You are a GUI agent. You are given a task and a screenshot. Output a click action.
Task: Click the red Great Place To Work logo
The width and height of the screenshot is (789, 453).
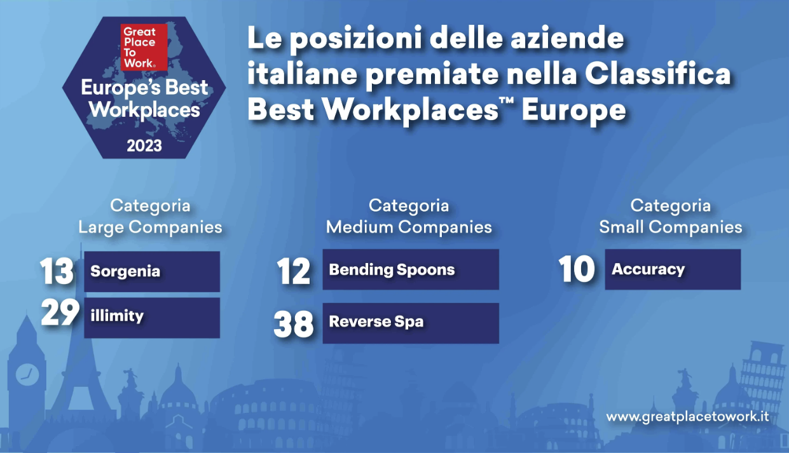click(x=144, y=47)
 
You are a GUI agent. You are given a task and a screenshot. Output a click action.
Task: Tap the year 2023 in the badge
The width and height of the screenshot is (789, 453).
click(x=144, y=145)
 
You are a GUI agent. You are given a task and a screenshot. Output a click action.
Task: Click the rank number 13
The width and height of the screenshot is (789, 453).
click(x=57, y=271)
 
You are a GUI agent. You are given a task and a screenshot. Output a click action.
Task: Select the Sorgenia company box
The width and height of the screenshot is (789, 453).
click(x=152, y=271)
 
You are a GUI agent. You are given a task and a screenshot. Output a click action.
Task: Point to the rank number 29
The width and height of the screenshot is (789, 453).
click(x=60, y=312)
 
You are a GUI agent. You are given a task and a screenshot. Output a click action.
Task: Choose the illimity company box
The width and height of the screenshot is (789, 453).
click(x=152, y=318)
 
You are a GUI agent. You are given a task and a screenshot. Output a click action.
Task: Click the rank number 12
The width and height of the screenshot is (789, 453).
click(x=293, y=271)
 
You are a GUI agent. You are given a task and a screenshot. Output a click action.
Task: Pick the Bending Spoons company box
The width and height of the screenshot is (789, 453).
click(x=411, y=269)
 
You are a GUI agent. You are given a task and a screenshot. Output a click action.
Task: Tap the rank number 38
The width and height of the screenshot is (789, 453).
click(x=293, y=324)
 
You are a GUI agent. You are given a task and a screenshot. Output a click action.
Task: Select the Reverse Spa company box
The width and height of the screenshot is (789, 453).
click(x=411, y=323)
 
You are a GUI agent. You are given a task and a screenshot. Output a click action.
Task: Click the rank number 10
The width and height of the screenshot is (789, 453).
click(x=577, y=269)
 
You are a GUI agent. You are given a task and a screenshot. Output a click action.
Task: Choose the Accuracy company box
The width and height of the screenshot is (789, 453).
click(x=673, y=269)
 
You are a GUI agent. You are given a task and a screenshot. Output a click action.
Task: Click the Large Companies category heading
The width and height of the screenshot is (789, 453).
click(x=151, y=217)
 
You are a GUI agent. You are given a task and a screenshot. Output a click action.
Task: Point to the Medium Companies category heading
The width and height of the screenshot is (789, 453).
click(x=409, y=217)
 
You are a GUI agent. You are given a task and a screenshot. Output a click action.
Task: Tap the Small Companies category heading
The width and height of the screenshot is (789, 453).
click(x=671, y=217)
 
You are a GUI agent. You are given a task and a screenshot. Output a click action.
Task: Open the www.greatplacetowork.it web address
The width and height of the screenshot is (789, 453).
click(x=687, y=417)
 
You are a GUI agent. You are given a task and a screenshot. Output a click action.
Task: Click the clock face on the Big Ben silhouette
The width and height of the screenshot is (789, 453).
click(x=27, y=374)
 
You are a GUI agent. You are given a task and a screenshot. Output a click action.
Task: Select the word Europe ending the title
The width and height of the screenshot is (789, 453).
click(x=573, y=110)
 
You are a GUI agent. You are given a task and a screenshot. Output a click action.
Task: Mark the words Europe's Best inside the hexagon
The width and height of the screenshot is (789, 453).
click(x=144, y=87)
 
